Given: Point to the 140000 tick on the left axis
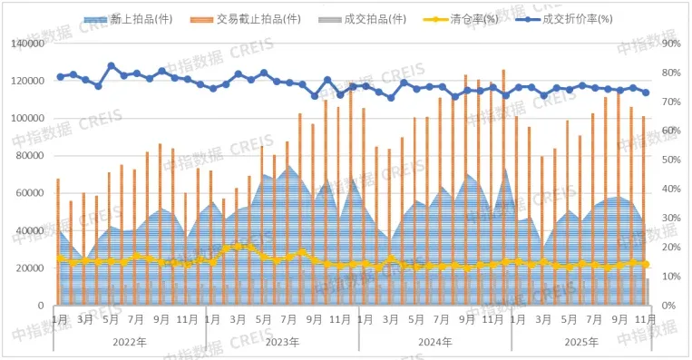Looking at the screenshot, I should click(x=29, y=44).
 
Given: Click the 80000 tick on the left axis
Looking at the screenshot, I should click(x=32, y=156).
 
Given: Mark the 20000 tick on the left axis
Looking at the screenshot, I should click(x=32, y=268).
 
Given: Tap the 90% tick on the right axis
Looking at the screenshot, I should click(x=670, y=44).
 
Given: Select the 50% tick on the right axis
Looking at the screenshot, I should click(x=670, y=160).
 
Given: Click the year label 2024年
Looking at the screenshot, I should click(x=434, y=343).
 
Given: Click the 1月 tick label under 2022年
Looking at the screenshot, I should click(x=60, y=319).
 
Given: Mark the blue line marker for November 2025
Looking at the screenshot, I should click(x=646, y=92).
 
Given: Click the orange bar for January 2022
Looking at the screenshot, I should click(x=58, y=241).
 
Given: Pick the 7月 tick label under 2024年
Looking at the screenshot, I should click(x=442, y=319).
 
